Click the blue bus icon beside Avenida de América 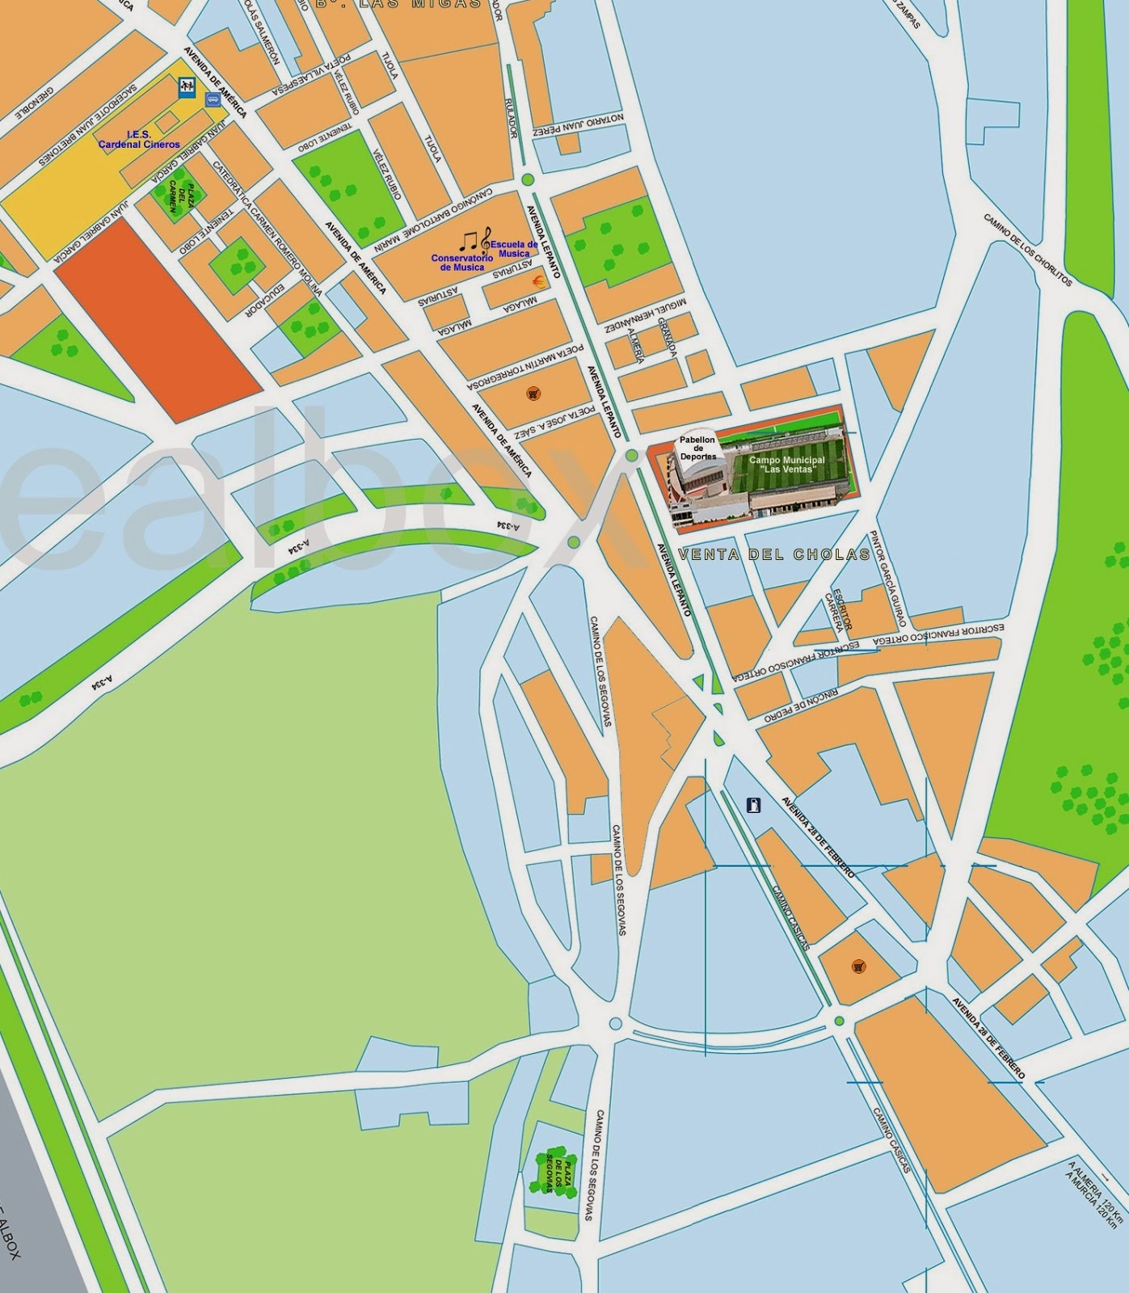(x=213, y=99)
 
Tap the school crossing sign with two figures (x=187, y=86)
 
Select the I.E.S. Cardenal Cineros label (x=139, y=140)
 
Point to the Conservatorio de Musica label (x=462, y=263)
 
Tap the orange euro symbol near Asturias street (x=536, y=280)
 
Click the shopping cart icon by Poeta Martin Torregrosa (x=533, y=394)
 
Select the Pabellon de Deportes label (x=697, y=449)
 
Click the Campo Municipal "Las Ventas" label (x=786, y=465)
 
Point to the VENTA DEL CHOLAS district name (x=774, y=554)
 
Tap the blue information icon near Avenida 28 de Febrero (x=753, y=805)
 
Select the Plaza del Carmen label (x=180, y=197)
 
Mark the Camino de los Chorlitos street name (x=1028, y=250)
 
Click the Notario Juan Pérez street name (x=579, y=124)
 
